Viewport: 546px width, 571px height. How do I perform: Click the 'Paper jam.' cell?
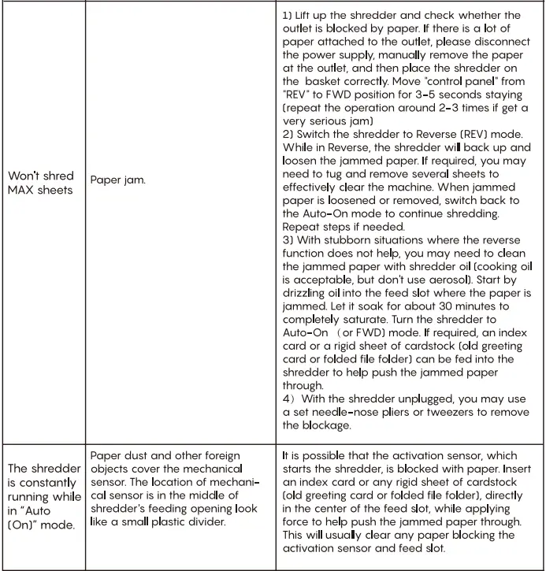point(117,181)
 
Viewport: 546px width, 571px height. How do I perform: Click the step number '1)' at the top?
point(288,16)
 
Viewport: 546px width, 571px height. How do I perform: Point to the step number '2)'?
point(288,135)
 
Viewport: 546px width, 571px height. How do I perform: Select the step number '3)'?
point(288,241)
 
